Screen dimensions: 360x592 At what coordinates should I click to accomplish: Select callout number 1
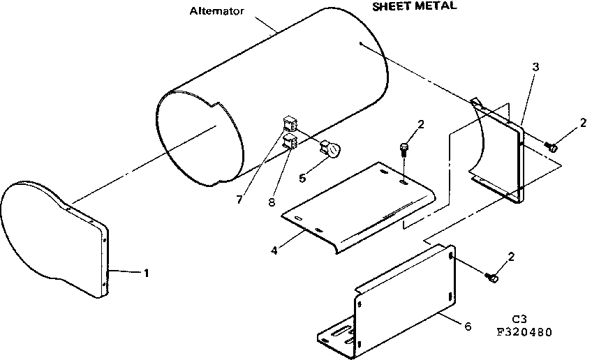[147, 273]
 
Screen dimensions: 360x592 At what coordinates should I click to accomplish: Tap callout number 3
[535, 67]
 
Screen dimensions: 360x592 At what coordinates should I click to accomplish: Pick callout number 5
[302, 178]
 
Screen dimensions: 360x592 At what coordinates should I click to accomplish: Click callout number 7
[239, 200]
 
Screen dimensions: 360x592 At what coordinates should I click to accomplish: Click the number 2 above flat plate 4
[420, 126]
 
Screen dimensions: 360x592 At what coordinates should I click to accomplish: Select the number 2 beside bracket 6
[512, 257]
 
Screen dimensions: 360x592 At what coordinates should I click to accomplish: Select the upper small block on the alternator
[289, 126]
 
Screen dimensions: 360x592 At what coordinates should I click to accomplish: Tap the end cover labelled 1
[52, 237]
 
